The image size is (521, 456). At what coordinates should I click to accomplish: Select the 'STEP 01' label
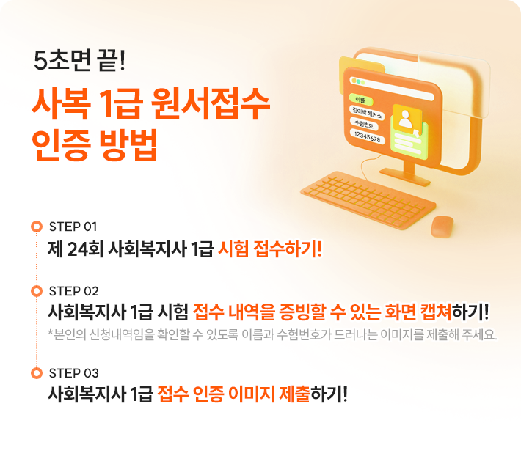click(73, 226)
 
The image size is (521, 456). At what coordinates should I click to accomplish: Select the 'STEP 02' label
click(73, 291)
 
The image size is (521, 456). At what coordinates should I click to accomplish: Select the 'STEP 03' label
click(73, 372)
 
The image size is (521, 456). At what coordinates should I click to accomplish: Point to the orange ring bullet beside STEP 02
click(36, 292)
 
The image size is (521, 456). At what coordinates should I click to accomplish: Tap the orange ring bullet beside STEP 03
click(36, 373)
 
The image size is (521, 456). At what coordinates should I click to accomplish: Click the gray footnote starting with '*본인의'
click(272, 336)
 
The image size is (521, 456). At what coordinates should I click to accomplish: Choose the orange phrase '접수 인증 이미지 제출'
click(234, 394)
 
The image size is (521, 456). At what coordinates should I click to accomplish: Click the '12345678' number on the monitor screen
click(367, 137)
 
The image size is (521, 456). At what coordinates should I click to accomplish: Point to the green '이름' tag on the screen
click(360, 99)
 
